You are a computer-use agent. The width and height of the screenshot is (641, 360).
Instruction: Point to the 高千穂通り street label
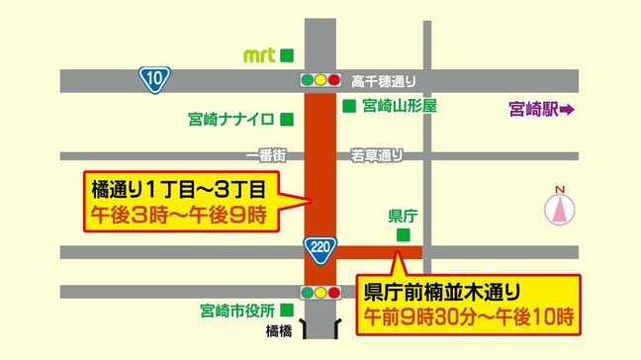point(382,80)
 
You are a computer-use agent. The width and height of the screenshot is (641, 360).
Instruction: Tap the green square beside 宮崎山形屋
point(348,105)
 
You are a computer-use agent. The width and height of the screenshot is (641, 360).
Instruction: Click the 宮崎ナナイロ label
point(230,120)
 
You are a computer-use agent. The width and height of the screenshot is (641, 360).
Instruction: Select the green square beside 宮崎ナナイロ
point(286,120)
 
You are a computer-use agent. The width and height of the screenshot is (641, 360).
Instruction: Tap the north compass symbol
point(559,208)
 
